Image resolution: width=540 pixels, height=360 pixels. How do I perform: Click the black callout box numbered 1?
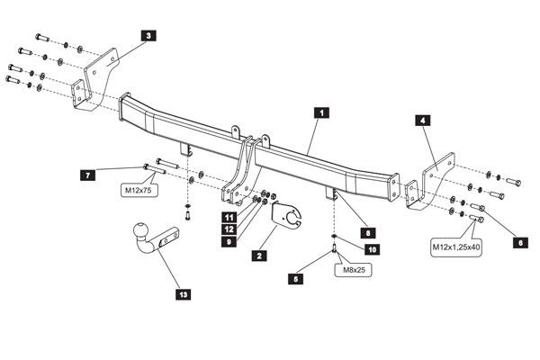click(321, 112)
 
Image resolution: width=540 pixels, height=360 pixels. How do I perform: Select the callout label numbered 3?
click(148, 35)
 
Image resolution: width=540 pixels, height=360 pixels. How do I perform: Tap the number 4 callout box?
click(423, 121)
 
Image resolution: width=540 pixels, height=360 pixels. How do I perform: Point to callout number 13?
click(184, 294)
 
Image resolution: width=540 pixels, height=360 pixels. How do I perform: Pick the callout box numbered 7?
click(88, 175)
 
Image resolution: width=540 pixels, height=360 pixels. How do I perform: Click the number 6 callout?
click(520, 242)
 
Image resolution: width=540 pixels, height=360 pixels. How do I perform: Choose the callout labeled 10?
click(373, 249)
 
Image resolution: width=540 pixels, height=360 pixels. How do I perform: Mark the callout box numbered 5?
click(295, 279)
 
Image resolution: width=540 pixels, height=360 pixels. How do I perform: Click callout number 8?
click(368, 233)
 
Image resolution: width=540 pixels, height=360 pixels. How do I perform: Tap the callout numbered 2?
click(259, 256)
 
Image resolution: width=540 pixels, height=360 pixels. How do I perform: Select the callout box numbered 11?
click(229, 218)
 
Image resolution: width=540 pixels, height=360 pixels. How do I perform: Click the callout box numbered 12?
click(229, 229)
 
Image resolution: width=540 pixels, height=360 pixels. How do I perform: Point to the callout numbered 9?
click(229, 241)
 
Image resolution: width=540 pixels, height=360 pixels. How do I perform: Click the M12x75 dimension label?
click(139, 190)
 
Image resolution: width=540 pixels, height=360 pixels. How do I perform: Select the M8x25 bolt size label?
click(354, 270)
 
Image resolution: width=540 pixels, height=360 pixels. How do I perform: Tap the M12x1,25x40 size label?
click(456, 247)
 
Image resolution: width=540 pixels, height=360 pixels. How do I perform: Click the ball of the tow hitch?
click(141, 230)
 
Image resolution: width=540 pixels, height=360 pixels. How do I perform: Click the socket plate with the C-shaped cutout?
click(286, 216)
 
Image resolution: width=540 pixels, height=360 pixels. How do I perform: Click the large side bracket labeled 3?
click(101, 79)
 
